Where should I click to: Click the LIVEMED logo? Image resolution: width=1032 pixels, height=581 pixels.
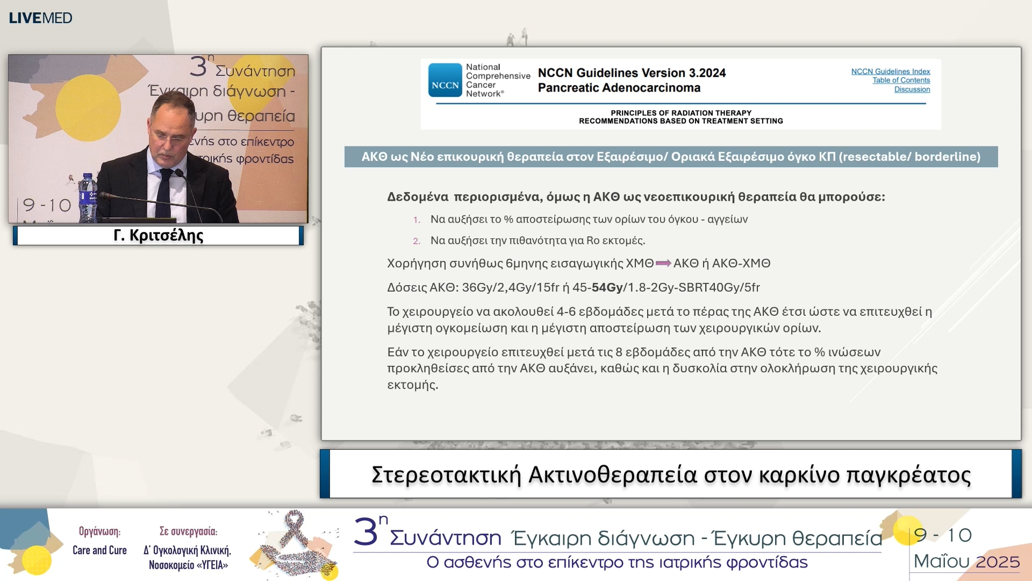(40, 18)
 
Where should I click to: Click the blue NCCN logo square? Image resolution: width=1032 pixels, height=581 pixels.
(445, 80)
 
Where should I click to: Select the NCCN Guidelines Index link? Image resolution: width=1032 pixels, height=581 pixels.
(890, 72)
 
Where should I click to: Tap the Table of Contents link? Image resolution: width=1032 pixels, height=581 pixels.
(901, 80)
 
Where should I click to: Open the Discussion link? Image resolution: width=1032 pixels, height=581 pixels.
(912, 89)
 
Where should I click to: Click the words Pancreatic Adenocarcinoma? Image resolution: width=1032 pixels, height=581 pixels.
(619, 88)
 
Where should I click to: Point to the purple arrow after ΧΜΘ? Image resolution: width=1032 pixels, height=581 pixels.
(663, 263)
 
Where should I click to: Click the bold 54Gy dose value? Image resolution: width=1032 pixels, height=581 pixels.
(607, 287)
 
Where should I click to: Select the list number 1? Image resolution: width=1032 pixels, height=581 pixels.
(416, 220)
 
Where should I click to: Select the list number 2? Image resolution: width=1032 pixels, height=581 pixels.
(416, 241)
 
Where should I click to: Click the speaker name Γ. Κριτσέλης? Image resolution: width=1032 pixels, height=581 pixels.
(159, 236)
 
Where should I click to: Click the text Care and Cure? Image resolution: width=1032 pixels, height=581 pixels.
(99, 550)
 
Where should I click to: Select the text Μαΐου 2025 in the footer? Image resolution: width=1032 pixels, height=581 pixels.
(966, 562)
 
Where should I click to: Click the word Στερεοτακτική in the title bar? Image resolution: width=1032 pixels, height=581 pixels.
(446, 475)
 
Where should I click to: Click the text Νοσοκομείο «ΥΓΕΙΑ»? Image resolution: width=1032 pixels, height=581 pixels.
(188, 565)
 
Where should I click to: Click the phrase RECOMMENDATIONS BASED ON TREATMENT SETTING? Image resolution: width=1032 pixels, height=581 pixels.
(680, 121)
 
